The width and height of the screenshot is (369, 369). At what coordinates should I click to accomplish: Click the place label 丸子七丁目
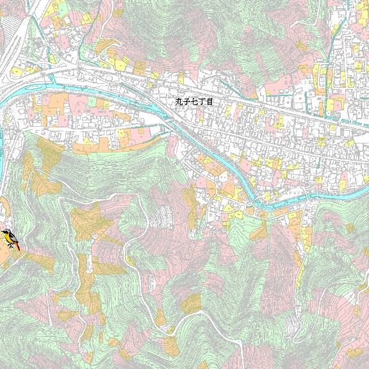pos(193,101)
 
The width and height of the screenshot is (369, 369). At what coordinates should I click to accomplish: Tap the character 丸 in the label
pos(179,101)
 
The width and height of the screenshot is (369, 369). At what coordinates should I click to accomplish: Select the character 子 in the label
pos(186,101)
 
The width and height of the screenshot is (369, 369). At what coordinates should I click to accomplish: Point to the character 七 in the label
pos(194,101)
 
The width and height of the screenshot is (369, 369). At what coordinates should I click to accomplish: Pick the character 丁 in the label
pos(201,101)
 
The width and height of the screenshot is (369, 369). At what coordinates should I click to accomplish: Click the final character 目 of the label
pos(208,101)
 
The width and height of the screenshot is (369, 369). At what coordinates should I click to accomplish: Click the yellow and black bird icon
pos(10,239)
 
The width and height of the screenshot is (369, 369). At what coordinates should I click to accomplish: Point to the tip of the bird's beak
pos(2,233)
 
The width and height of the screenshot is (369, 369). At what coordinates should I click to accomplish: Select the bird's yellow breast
pos(8,238)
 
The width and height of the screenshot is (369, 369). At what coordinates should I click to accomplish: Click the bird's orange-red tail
pos(17,246)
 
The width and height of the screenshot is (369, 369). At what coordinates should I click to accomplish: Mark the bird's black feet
pos(10,245)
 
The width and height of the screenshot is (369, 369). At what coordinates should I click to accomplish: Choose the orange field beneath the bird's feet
pos(8,253)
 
